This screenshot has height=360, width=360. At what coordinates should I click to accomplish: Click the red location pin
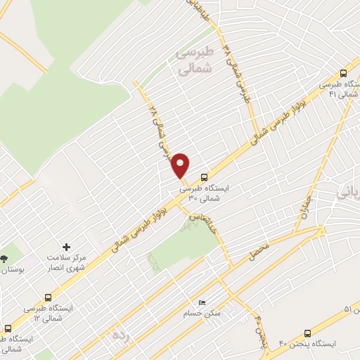coord(181,165)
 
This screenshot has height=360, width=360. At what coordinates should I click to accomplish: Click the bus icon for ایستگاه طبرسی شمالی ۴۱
coord(344,73)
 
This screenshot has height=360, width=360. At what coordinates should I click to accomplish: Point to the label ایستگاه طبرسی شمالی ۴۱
coord(345,89)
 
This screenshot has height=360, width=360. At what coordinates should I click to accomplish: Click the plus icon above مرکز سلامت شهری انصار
coord(67,247)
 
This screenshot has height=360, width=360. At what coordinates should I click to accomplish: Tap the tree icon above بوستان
coord(5,258)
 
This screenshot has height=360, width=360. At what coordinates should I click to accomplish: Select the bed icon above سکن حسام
coord(202,302)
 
